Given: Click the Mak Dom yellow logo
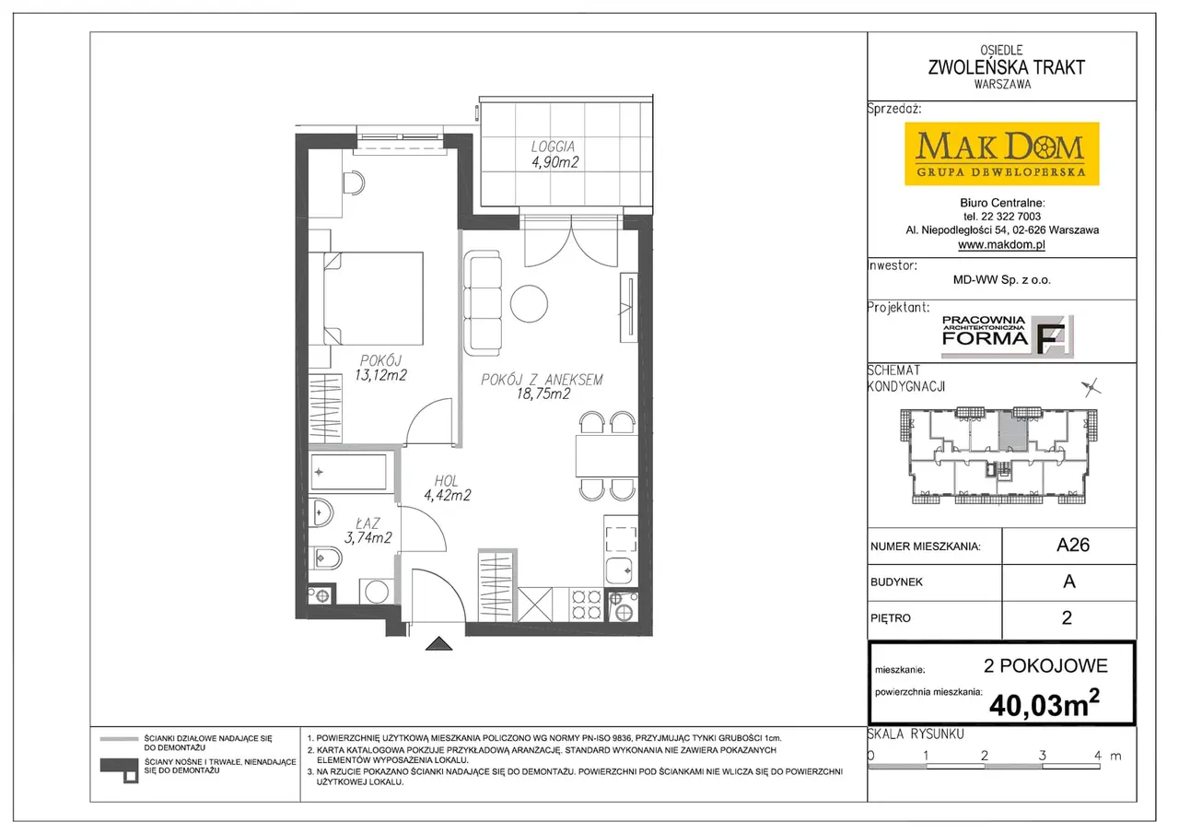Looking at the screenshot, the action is (x=1001, y=154).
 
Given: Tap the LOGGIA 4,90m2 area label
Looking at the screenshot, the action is (x=554, y=154).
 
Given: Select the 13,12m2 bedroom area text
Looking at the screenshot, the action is (x=380, y=375).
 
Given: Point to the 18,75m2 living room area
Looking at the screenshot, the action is (x=543, y=394).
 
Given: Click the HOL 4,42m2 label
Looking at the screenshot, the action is (x=447, y=488).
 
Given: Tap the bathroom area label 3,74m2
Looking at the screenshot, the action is (x=368, y=537).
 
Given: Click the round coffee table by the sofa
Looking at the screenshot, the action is (x=529, y=304).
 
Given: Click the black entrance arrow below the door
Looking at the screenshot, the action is (x=439, y=643).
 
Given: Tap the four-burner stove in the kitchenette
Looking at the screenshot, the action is (x=587, y=605).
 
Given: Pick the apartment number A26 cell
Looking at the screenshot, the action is (x=1068, y=546).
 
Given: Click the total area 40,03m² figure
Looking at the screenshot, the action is (x=1045, y=704).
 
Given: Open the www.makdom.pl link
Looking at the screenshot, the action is (x=1001, y=244).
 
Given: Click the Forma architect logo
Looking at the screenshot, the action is (x=1008, y=336).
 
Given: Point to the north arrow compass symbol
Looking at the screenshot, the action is (x=1091, y=388).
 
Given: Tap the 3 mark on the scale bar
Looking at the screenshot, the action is (x=1042, y=755).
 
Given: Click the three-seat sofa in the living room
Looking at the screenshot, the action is (x=482, y=303).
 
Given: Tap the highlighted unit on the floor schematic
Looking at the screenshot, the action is (x=1013, y=431).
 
